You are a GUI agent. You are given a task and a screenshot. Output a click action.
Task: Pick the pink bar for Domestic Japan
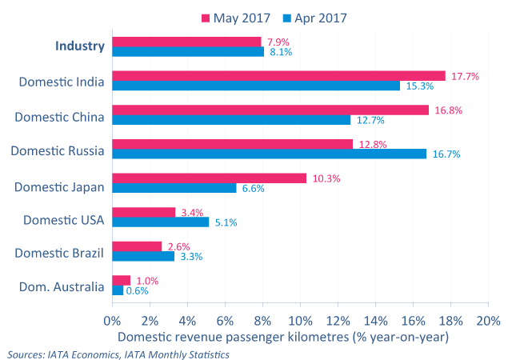[x=209, y=178]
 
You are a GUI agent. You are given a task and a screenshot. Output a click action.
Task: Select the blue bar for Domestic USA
[x=160, y=222]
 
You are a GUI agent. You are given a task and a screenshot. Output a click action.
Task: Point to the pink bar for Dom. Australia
[x=122, y=280]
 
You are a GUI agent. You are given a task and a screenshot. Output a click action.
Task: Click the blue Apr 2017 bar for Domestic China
[x=231, y=120]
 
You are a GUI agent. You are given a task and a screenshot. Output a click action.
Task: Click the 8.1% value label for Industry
[x=282, y=52]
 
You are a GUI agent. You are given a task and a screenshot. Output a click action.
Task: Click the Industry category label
[x=80, y=46]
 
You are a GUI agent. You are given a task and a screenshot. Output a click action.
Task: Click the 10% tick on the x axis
[x=300, y=321]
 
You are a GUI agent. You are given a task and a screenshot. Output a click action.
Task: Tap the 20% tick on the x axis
[x=487, y=321]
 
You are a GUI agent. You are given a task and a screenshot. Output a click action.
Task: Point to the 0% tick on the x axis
[x=112, y=321]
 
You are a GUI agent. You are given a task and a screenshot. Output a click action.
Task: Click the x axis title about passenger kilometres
[x=283, y=338]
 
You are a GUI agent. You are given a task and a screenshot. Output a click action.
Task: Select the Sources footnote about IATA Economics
[x=118, y=354]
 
